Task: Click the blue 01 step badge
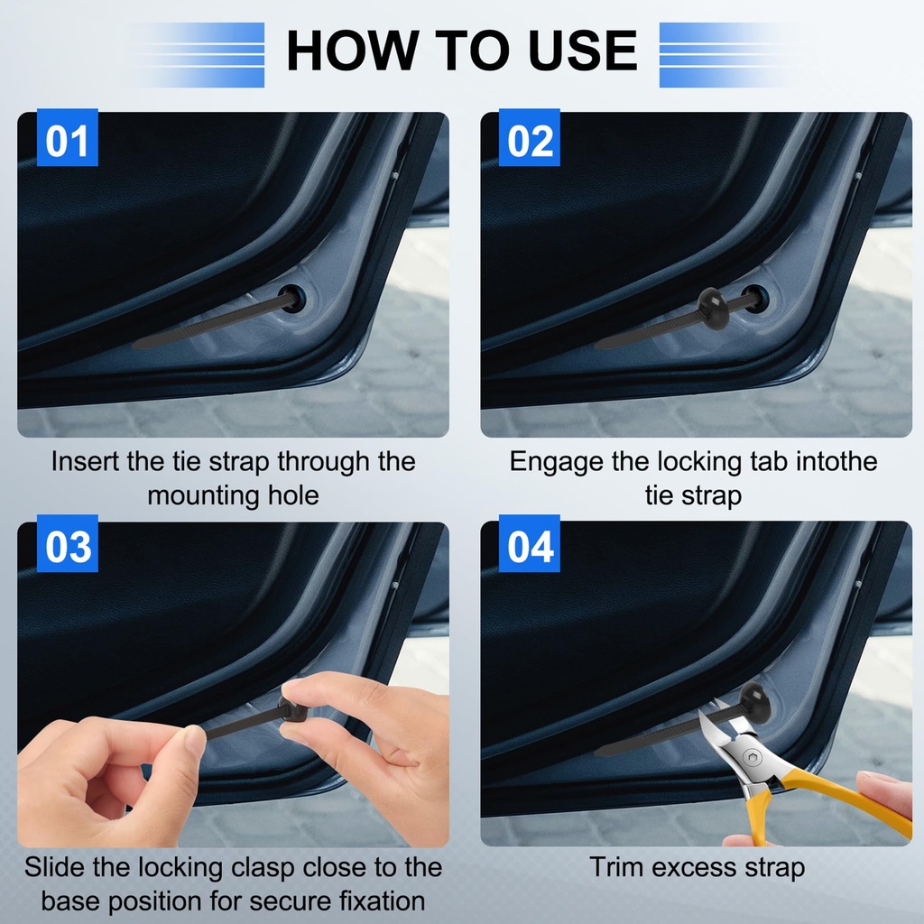pyautogui.click(x=67, y=137)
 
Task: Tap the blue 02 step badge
pyautogui.click(x=529, y=137)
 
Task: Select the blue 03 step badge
pyautogui.click(x=67, y=543)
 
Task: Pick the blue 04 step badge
pyautogui.click(x=529, y=543)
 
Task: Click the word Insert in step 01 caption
pyautogui.click(x=84, y=461)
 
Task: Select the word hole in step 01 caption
pyautogui.click(x=293, y=495)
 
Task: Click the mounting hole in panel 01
pyautogui.click(x=293, y=298)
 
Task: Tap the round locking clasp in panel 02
pyautogui.click(x=713, y=307)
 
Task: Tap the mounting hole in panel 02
pyautogui.click(x=755, y=298)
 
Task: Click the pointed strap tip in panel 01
pyautogui.click(x=134, y=345)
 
